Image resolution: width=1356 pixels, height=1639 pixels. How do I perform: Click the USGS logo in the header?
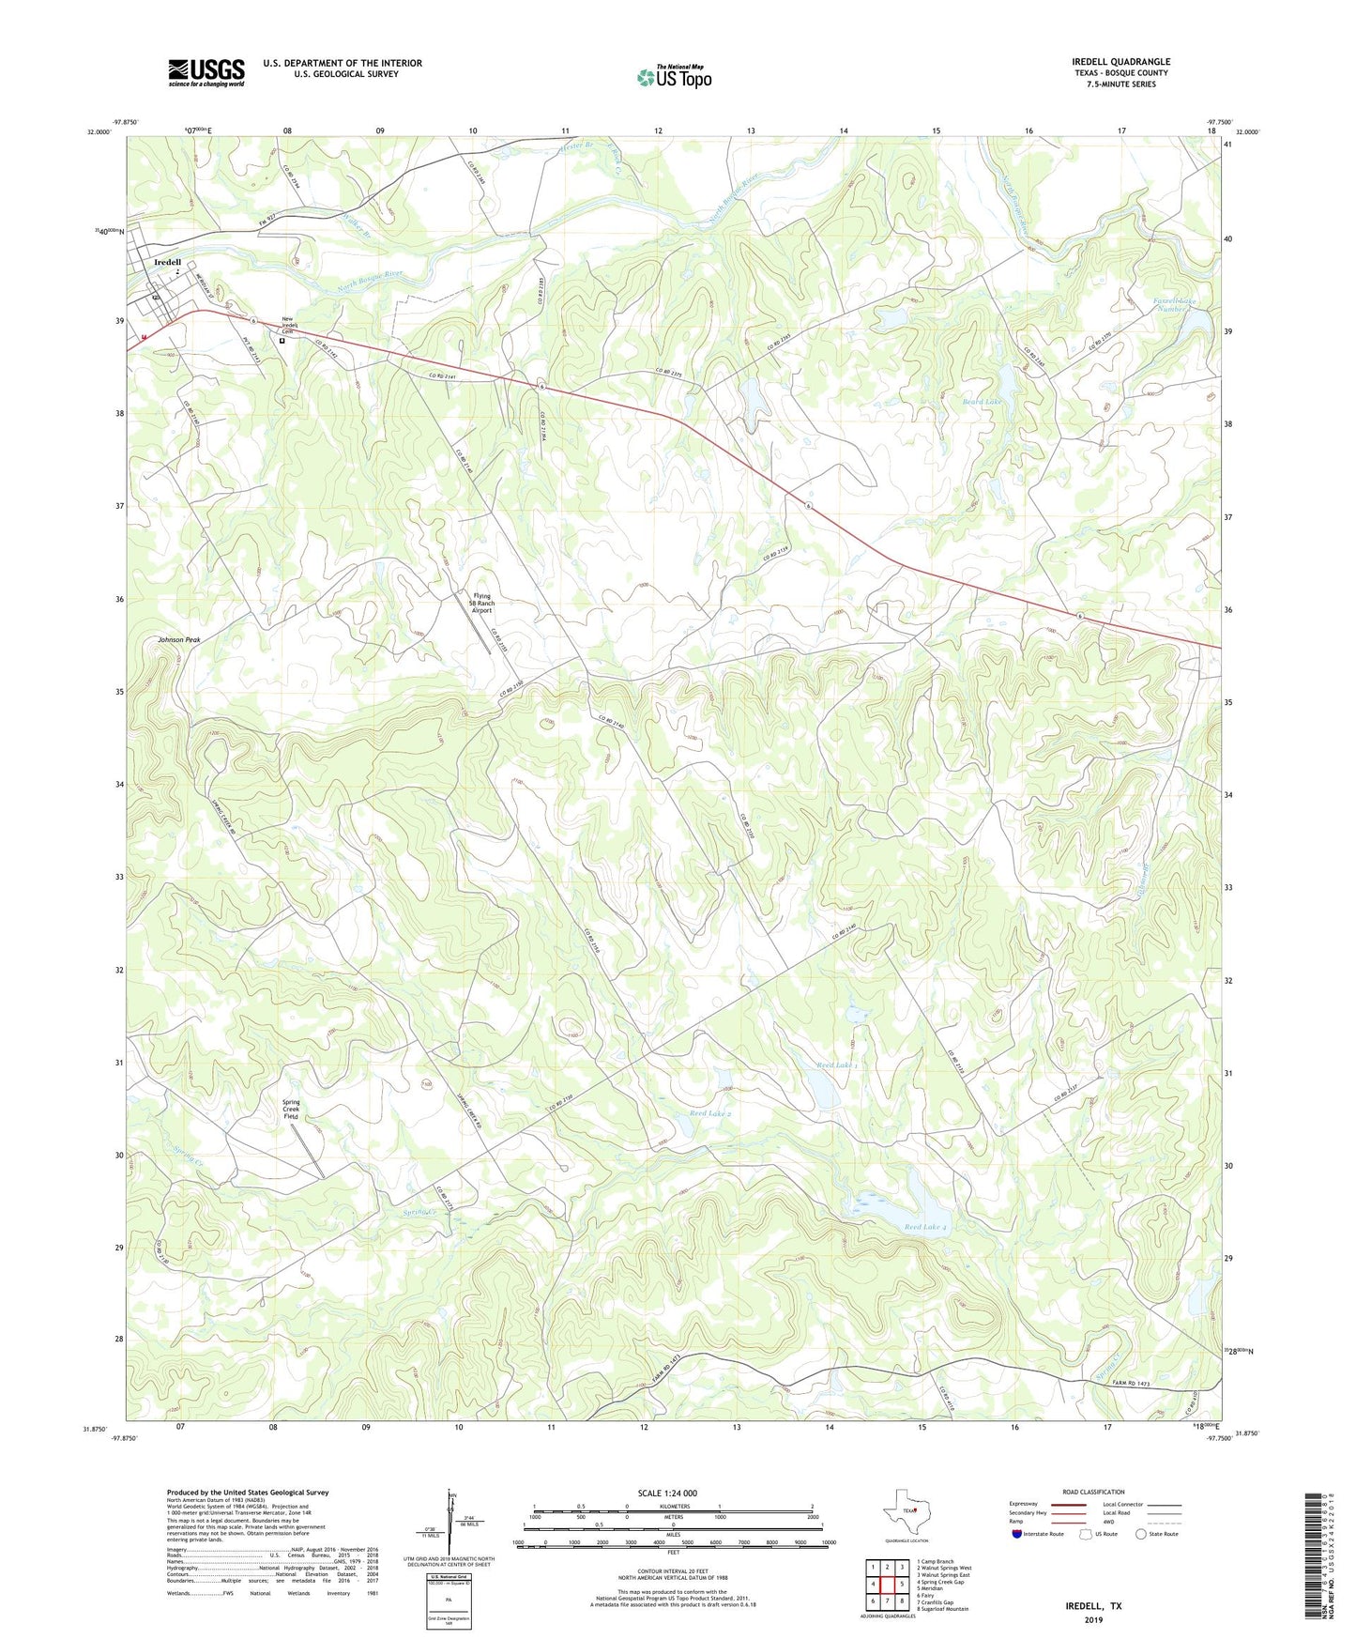coord(206,71)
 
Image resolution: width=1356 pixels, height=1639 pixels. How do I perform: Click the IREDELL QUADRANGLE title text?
coord(1120,62)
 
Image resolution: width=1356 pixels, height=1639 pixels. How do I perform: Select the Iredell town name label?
coord(168,263)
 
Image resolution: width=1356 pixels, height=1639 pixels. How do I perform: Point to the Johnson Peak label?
coord(178,639)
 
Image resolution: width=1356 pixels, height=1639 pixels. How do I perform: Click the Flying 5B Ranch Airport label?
coord(481,603)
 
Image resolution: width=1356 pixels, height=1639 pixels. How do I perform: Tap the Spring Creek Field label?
coord(291,1109)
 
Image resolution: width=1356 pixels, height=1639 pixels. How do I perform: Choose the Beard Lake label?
coord(981,401)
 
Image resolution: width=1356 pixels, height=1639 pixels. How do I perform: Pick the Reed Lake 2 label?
coord(709,1113)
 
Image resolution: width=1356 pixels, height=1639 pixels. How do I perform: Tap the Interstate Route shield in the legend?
coord(1018,1534)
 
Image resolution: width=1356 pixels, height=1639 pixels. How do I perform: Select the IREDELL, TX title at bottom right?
coord(1093,1606)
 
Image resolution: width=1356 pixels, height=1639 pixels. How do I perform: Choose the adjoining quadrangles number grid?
coord(887,1585)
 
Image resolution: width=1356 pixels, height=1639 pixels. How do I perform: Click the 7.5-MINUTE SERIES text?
coord(1120,84)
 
